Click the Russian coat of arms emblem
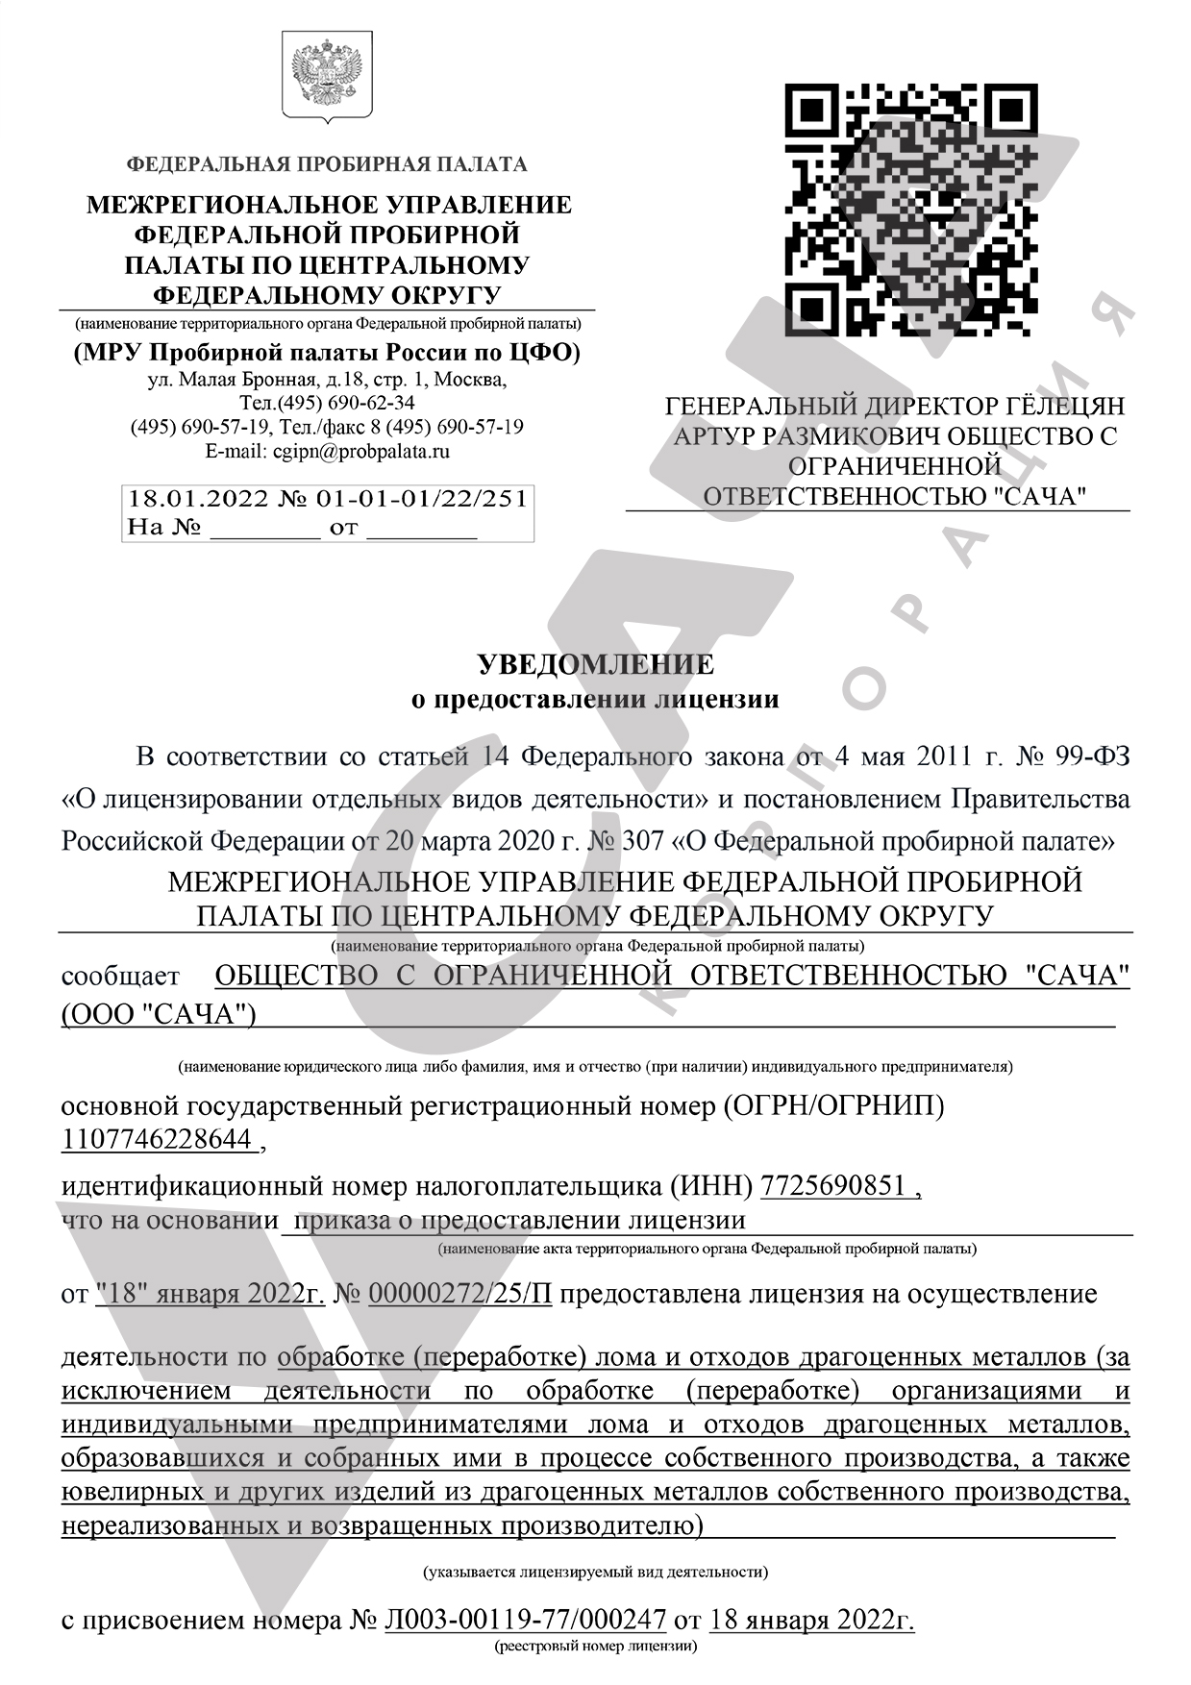click(x=327, y=77)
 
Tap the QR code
click(x=910, y=210)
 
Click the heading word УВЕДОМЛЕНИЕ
click(x=596, y=664)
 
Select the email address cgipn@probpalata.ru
click(x=361, y=451)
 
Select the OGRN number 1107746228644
click(x=158, y=1140)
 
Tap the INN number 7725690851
click(x=833, y=1186)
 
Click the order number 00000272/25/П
click(x=460, y=1294)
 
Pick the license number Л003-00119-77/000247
click(x=525, y=1621)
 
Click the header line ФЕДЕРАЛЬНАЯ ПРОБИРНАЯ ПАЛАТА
click(x=327, y=164)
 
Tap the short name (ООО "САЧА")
click(x=159, y=1015)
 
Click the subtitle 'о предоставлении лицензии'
click(x=595, y=699)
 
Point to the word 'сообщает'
click(x=120, y=977)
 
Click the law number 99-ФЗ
click(x=1092, y=756)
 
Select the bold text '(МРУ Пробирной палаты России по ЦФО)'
click(x=327, y=353)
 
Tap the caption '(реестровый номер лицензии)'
click(x=595, y=1647)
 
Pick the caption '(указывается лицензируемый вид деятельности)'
click(x=595, y=1573)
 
